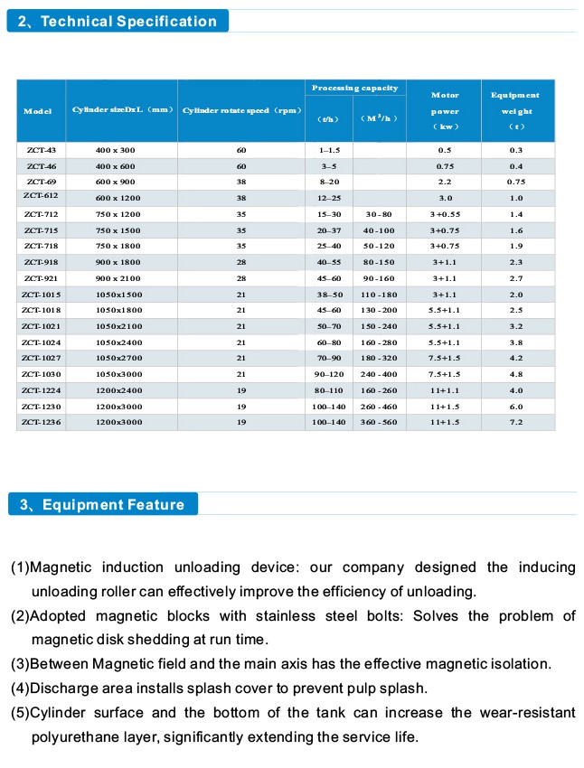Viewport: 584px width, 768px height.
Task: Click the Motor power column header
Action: click(x=445, y=111)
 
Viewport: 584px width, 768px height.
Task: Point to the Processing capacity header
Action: click(x=354, y=88)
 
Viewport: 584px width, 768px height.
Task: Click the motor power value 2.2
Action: click(x=445, y=182)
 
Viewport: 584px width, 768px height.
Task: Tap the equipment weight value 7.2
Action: click(x=516, y=423)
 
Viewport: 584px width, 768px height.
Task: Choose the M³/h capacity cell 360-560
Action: click(x=380, y=423)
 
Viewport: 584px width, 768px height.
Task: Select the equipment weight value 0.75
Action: click(x=516, y=182)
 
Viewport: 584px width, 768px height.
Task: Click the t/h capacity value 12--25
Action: click(x=328, y=198)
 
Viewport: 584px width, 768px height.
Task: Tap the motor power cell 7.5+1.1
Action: click(x=445, y=358)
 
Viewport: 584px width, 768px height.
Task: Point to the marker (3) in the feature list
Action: click(x=19, y=664)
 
